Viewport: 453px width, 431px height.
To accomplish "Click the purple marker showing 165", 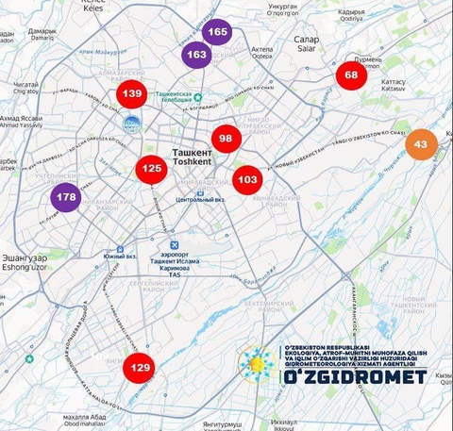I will click(x=217, y=33).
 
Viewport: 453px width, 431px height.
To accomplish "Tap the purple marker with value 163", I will click(x=197, y=55).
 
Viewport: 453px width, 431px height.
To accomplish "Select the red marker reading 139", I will click(x=131, y=93).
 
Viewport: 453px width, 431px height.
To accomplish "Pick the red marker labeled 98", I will click(x=226, y=139).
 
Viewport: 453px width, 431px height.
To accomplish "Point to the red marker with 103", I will click(x=247, y=179).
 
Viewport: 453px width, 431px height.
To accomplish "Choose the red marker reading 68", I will click(x=351, y=75).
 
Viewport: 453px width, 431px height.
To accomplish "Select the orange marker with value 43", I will click(x=420, y=144).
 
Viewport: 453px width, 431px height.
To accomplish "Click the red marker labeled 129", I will click(x=140, y=368).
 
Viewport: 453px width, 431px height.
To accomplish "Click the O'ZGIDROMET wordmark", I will click(x=355, y=376).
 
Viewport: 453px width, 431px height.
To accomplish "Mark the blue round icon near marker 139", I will click(x=132, y=124).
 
